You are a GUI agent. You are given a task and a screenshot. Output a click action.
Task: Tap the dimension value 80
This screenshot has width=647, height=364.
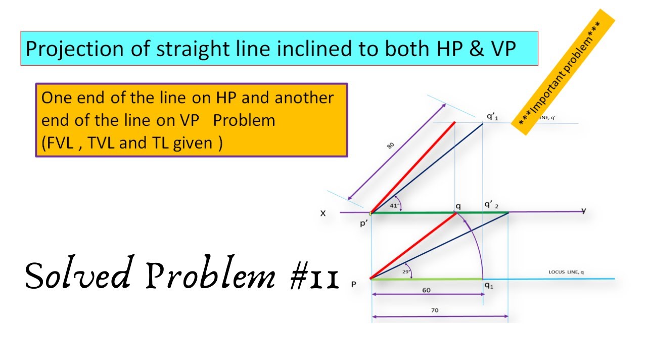click(x=390, y=146)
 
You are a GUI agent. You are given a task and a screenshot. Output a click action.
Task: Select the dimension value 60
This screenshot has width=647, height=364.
click(x=427, y=291)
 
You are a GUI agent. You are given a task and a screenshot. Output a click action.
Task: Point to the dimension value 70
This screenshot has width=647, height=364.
click(x=435, y=310)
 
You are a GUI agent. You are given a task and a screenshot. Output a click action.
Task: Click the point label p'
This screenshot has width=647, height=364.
click(x=363, y=223)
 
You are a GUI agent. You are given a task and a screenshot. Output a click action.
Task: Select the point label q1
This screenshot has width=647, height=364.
click(x=489, y=286)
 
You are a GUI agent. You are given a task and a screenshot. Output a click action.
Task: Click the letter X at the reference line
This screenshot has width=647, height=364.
click(x=323, y=213)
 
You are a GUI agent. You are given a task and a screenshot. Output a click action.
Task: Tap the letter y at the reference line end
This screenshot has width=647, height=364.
click(x=584, y=210)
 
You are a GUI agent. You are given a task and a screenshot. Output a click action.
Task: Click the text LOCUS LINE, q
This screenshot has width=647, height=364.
click(x=566, y=272)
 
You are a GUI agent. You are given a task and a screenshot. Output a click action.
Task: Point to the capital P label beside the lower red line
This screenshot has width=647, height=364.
click(x=354, y=285)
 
